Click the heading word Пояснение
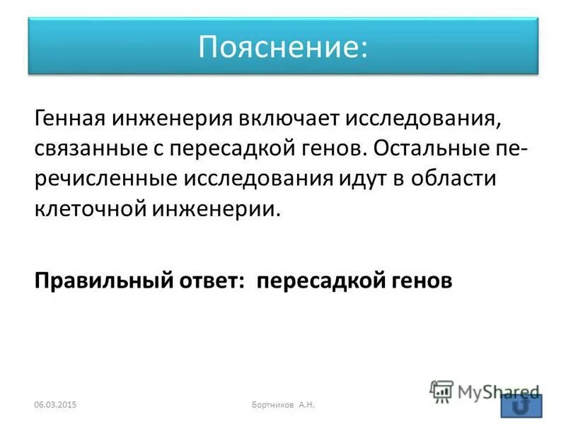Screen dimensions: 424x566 click(283, 46)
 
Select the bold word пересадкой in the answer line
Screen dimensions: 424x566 click(318, 280)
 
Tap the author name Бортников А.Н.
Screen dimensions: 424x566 click(283, 404)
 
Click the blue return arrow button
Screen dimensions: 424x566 click(521, 406)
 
